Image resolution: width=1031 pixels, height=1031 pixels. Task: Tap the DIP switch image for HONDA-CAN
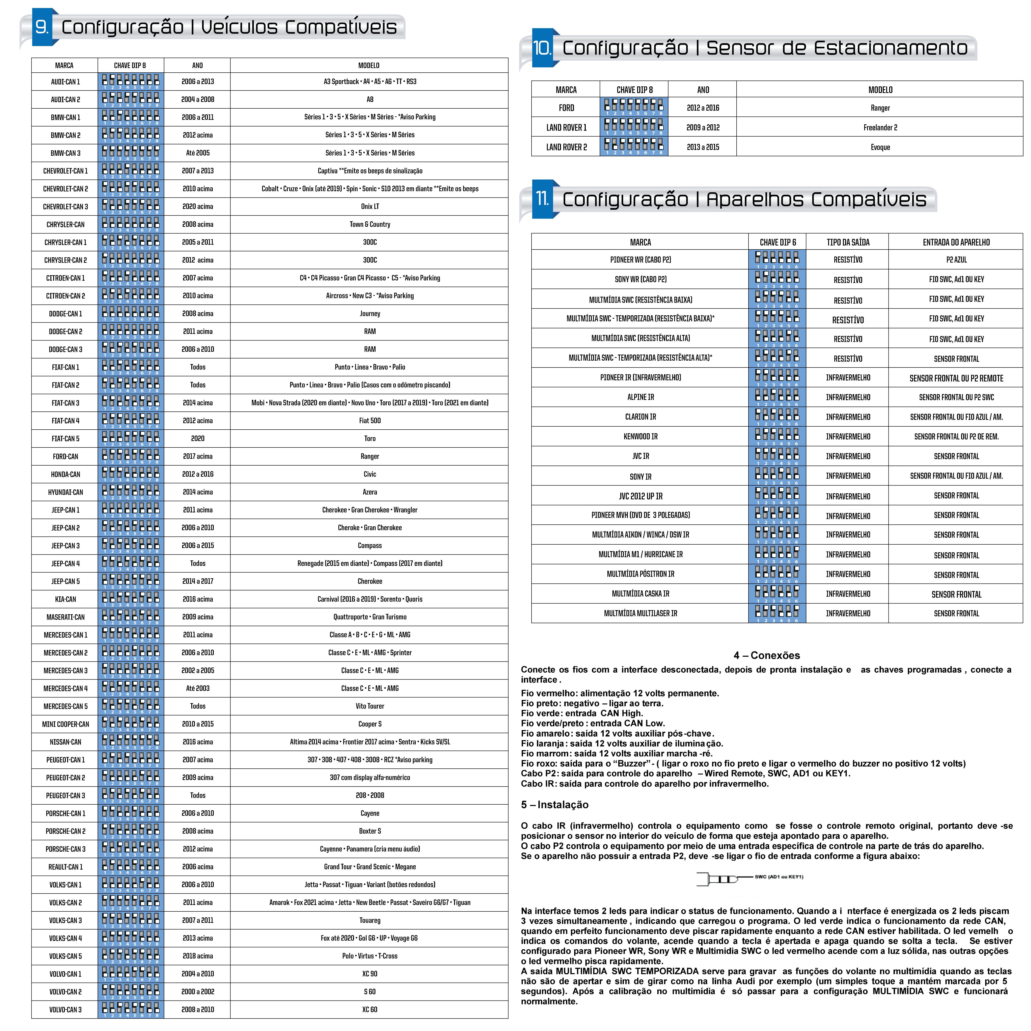click(131, 474)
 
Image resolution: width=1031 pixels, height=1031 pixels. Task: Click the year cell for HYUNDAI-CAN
click(197, 492)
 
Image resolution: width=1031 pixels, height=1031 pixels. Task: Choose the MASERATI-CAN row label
click(65, 617)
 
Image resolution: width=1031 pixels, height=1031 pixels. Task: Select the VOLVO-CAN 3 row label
click(65, 1009)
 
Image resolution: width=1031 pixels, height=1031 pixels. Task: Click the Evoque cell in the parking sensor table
click(880, 147)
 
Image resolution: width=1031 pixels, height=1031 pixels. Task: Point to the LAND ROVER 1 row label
click(566, 128)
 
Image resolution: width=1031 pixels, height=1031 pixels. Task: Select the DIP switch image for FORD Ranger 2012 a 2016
click(634, 107)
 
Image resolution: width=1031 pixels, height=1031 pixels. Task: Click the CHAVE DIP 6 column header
click(778, 242)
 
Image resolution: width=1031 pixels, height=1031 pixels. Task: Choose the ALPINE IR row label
click(640, 397)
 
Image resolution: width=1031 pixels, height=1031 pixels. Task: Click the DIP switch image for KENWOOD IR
click(778, 436)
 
